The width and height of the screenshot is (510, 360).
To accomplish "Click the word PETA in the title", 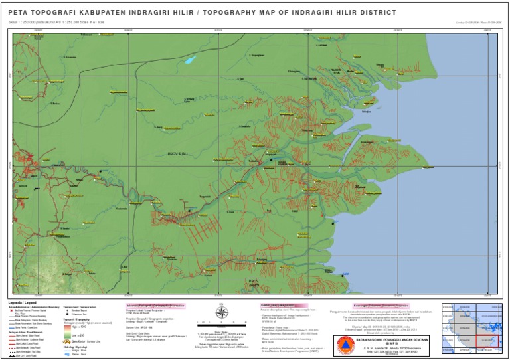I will click(x=18, y=13).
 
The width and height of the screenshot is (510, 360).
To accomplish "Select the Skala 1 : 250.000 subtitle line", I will click(x=56, y=22).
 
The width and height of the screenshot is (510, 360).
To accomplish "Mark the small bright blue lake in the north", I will click(x=191, y=60).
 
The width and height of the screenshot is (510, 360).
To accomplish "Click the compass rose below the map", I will click(x=222, y=312).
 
